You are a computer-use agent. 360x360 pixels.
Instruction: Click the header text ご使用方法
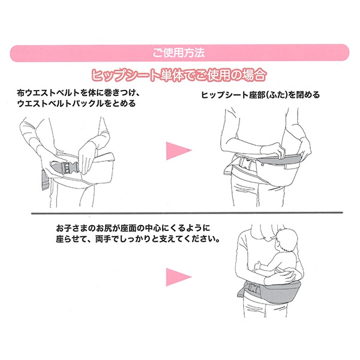coord(179,52)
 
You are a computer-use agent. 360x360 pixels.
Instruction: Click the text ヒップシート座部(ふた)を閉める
coord(260,95)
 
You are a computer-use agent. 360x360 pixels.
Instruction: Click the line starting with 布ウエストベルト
coord(79,93)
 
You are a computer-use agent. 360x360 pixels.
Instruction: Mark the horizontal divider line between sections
coord(180,213)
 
